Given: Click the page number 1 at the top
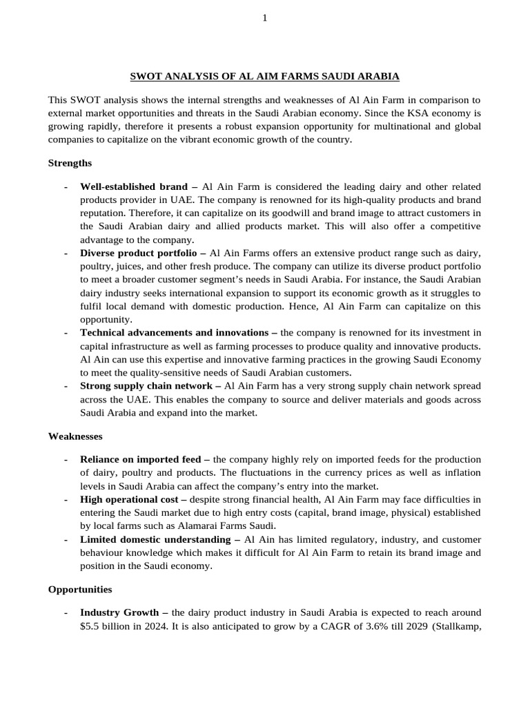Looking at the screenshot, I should (264, 18).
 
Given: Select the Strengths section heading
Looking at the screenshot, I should (70, 163).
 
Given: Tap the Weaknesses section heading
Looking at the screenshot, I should (75, 436).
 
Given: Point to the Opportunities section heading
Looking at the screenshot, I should (80, 590).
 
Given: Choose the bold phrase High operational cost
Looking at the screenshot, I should (129, 498).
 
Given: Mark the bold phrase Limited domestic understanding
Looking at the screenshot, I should (155, 539).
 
